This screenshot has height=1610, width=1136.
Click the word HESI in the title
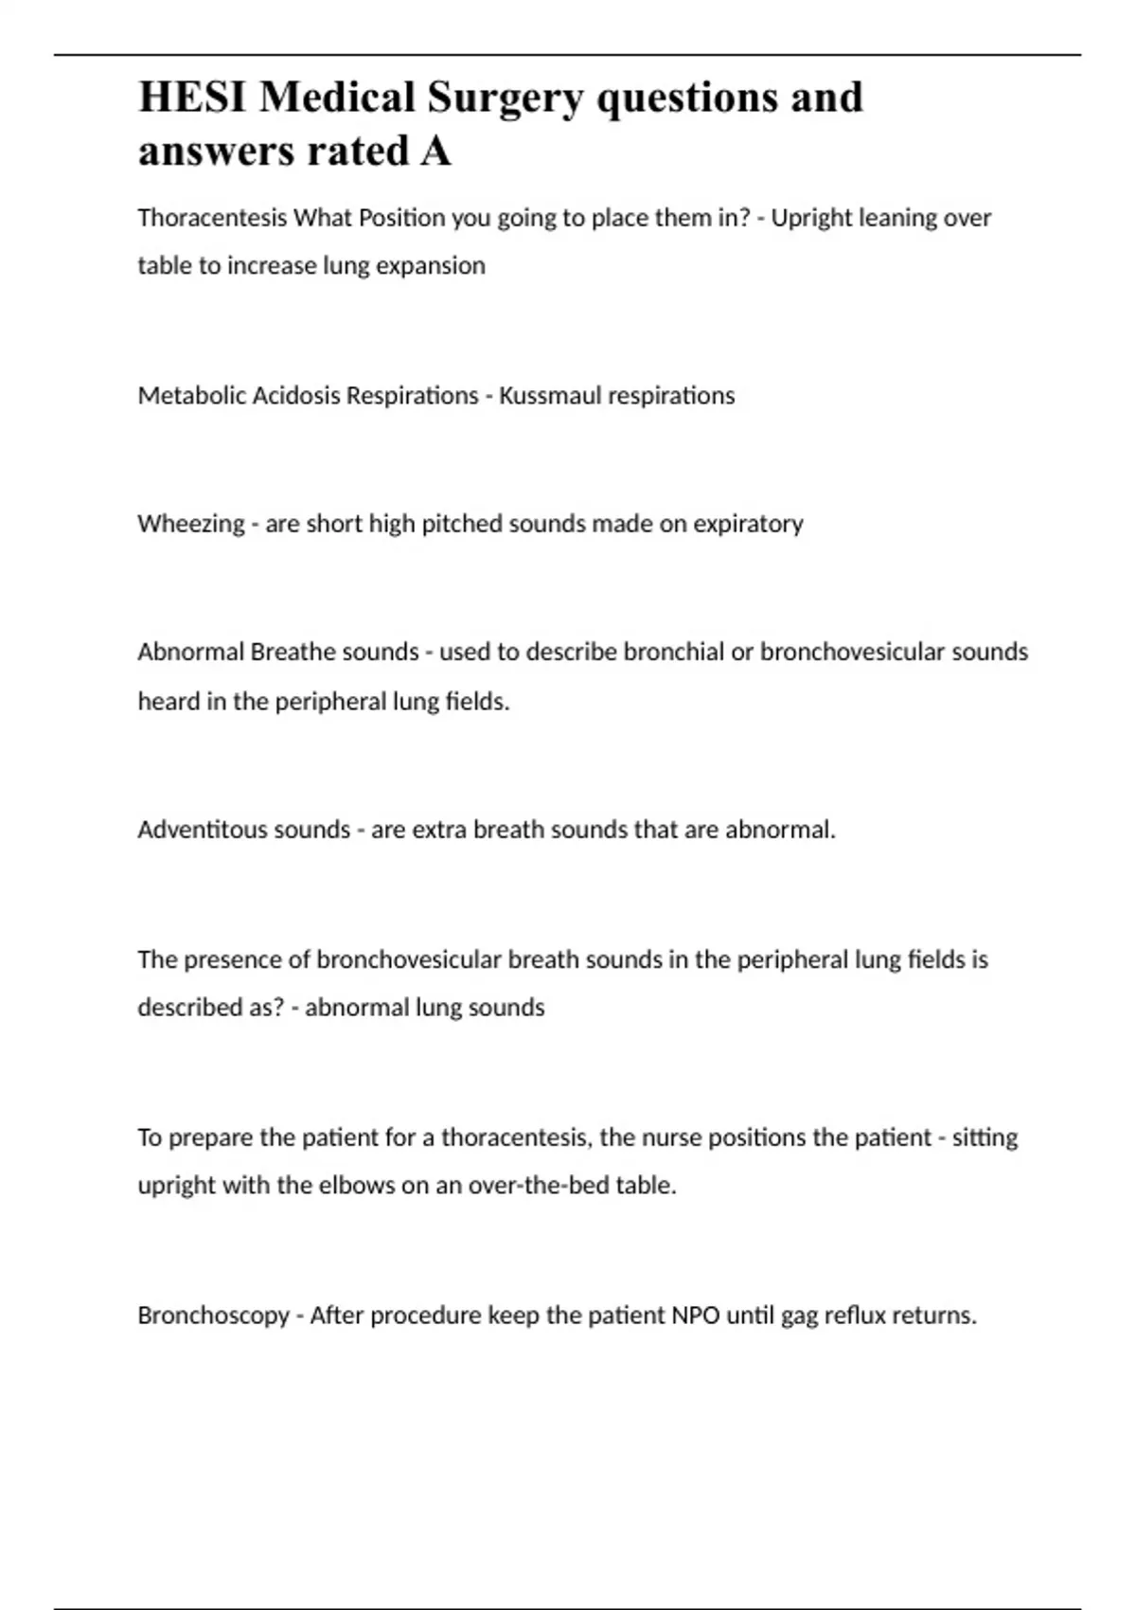tap(191, 98)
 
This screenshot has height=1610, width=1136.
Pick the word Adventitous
tap(197, 831)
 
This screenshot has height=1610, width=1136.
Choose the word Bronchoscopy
tap(213, 1316)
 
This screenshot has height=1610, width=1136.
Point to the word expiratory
tap(748, 525)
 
